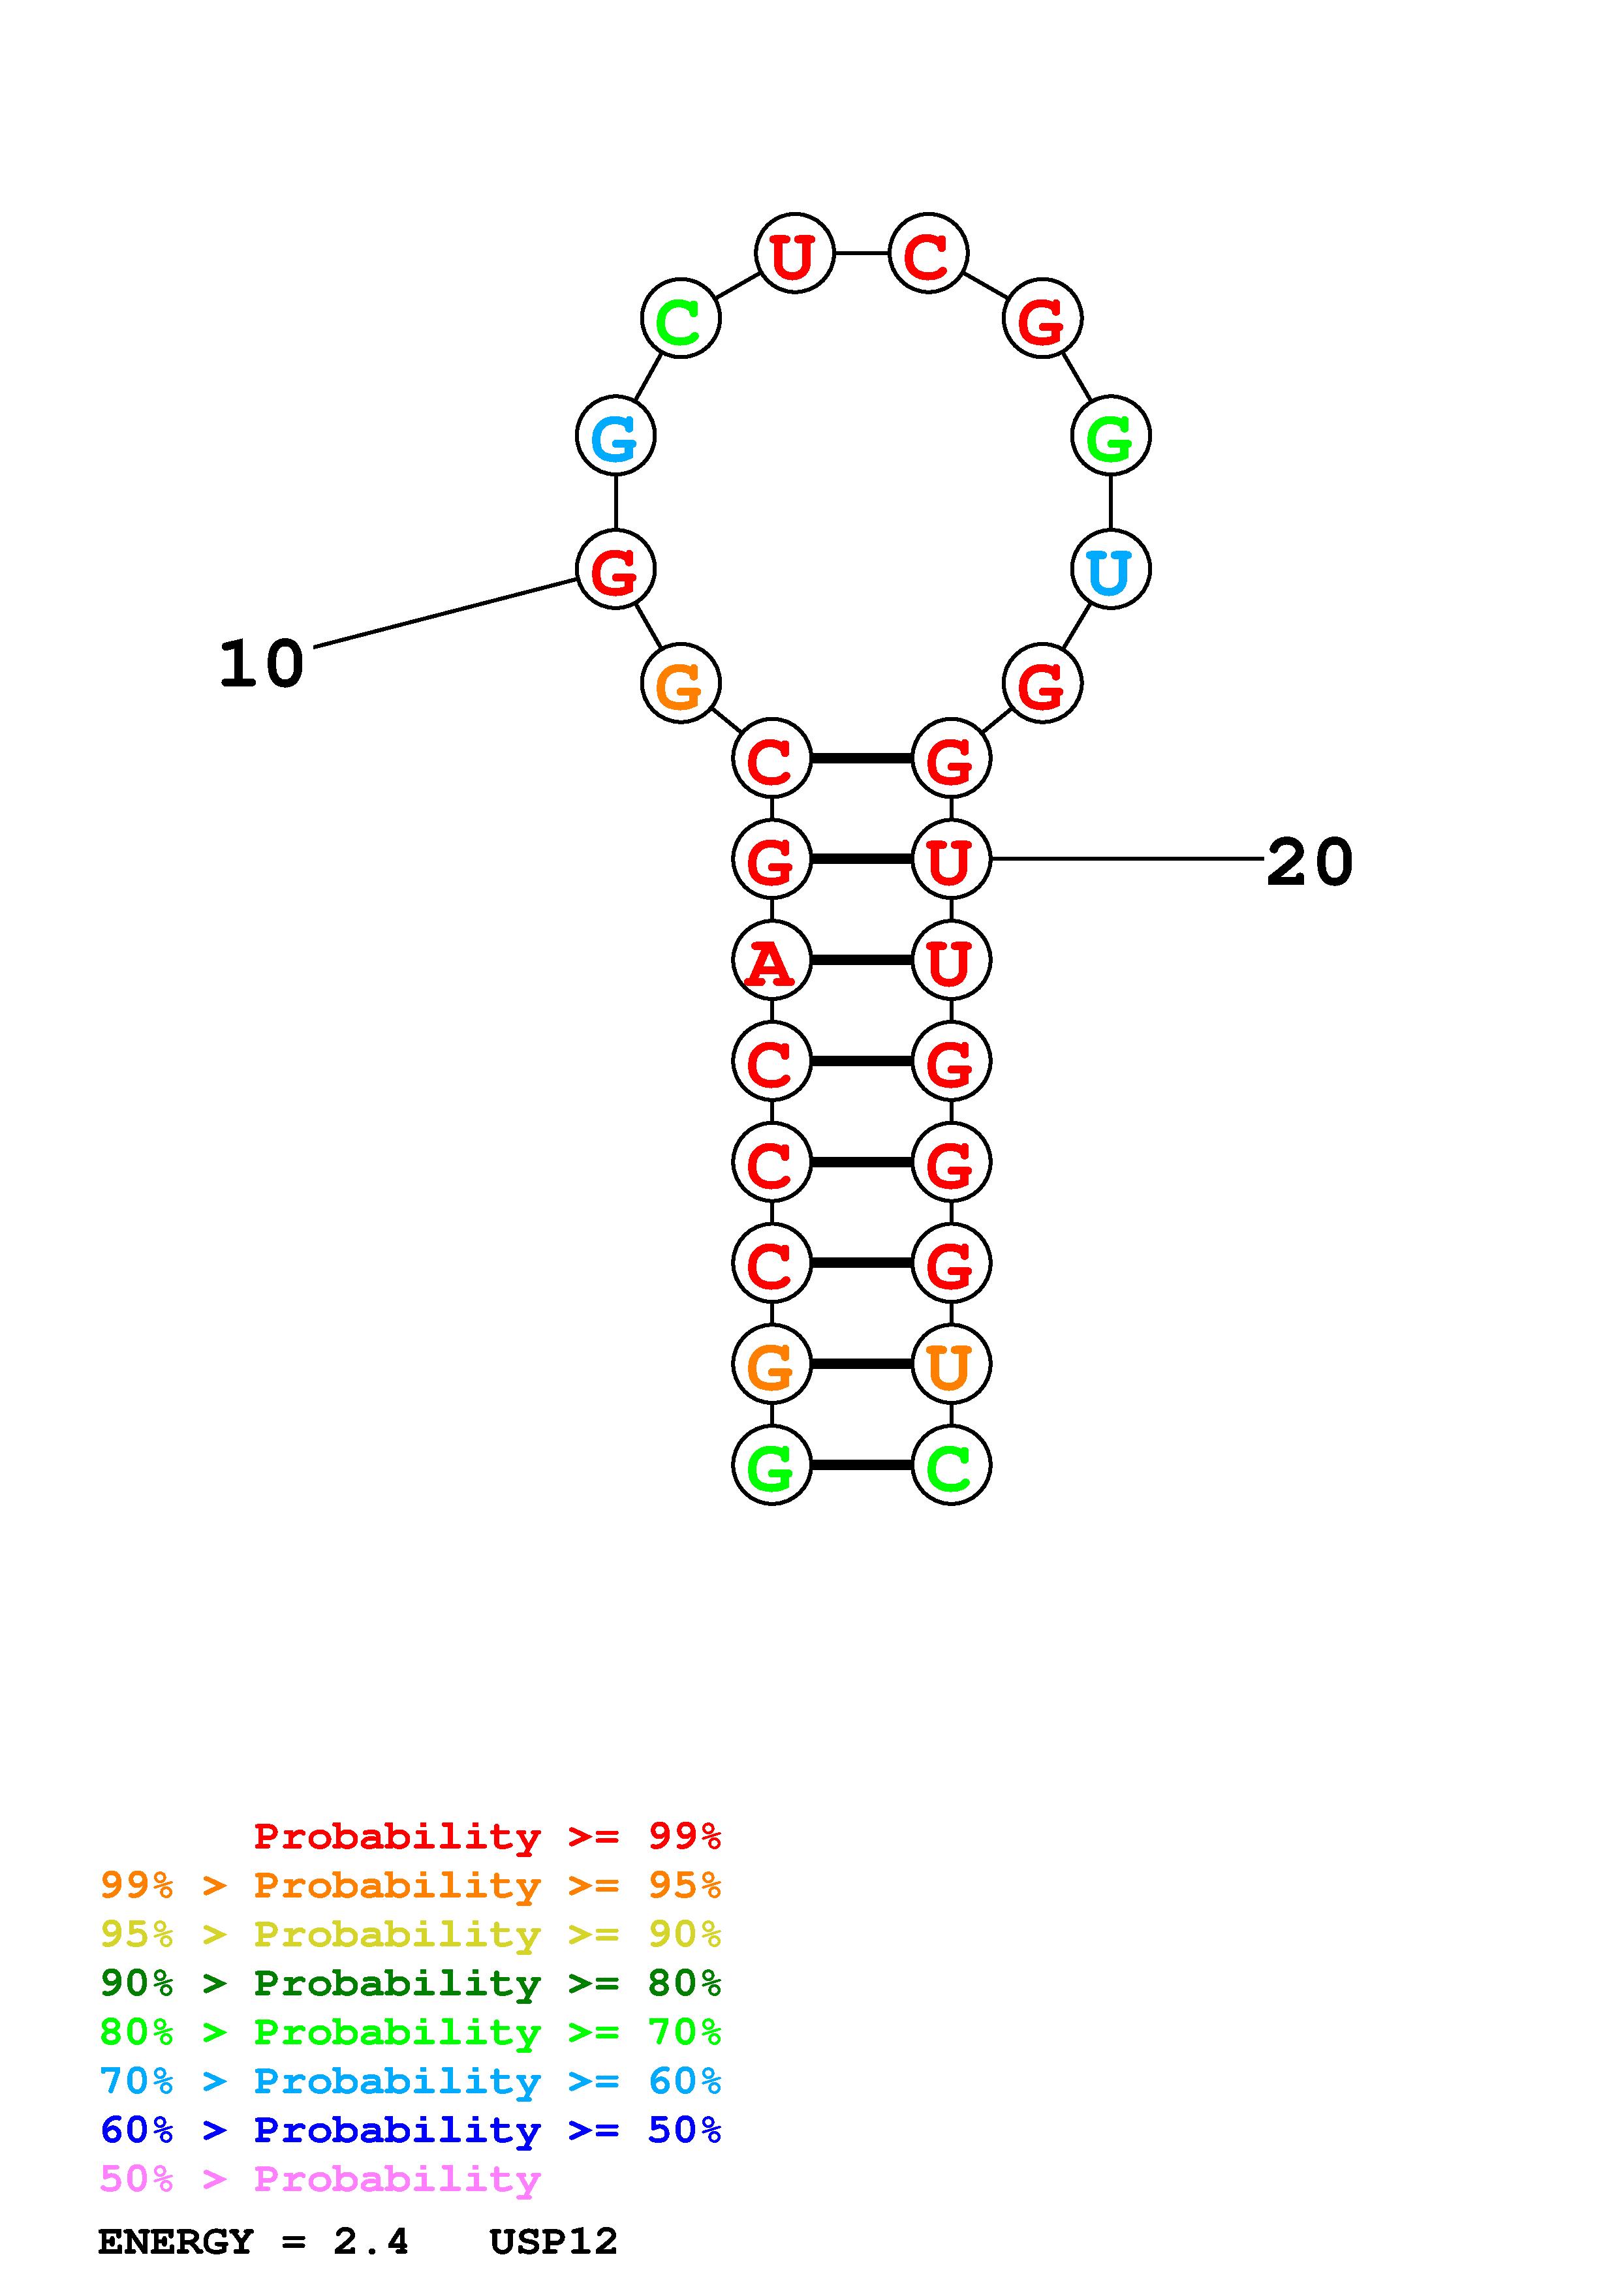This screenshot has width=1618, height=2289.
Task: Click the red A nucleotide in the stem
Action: (x=771, y=961)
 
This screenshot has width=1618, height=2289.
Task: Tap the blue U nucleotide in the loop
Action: (x=1111, y=570)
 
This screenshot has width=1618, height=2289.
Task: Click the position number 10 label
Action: (x=261, y=664)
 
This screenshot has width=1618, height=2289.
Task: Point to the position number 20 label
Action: (x=1309, y=863)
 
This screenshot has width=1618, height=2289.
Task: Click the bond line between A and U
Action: (x=862, y=960)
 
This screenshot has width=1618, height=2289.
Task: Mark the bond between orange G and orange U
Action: (x=862, y=1364)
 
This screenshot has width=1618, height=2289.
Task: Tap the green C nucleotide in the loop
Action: (x=680, y=319)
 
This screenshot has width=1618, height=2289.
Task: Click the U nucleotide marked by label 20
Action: (x=950, y=859)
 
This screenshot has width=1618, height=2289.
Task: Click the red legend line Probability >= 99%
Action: (x=486, y=1836)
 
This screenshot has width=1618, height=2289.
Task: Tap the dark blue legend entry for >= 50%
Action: (x=410, y=2130)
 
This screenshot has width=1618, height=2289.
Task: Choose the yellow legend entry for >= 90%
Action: (x=410, y=1934)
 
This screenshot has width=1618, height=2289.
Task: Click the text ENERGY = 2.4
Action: (x=253, y=2241)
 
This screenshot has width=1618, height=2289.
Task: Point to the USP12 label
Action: (x=553, y=2241)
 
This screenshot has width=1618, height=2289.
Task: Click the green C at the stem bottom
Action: (x=950, y=1466)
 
